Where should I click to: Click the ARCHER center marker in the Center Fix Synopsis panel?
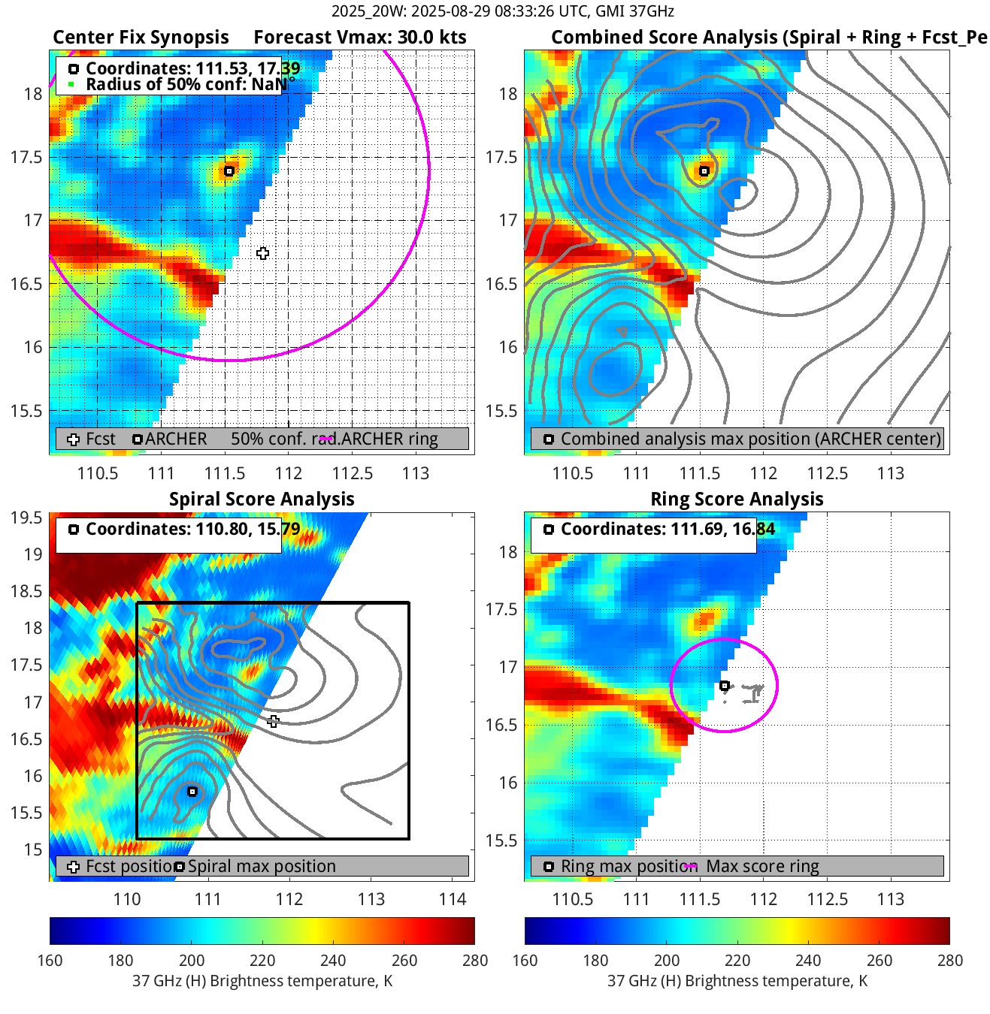(x=229, y=171)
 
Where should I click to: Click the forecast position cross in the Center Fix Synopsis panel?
(x=262, y=253)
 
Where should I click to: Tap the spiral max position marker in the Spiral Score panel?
(x=192, y=792)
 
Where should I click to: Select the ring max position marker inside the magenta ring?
(x=725, y=686)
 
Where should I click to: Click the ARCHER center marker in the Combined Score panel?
(x=704, y=171)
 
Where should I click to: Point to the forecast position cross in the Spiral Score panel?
(x=273, y=721)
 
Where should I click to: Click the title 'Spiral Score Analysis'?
(x=262, y=499)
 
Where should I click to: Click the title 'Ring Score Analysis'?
(x=737, y=499)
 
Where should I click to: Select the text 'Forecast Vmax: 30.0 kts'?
(x=359, y=38)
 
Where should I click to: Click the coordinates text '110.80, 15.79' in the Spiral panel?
(x=248, y=529)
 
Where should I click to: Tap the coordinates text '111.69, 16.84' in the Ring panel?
(x=722, y=529)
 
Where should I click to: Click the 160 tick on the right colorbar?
(x=525, y=960)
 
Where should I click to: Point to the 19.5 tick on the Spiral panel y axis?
(x=26, y=518)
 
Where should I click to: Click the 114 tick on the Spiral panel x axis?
(x=453, y=899)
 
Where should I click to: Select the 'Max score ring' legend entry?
(x=762, y=866)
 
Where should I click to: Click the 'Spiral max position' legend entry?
(x=261, y=866)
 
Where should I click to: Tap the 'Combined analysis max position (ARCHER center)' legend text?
(x=750, y=439)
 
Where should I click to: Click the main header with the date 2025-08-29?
(x=502, y=11)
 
